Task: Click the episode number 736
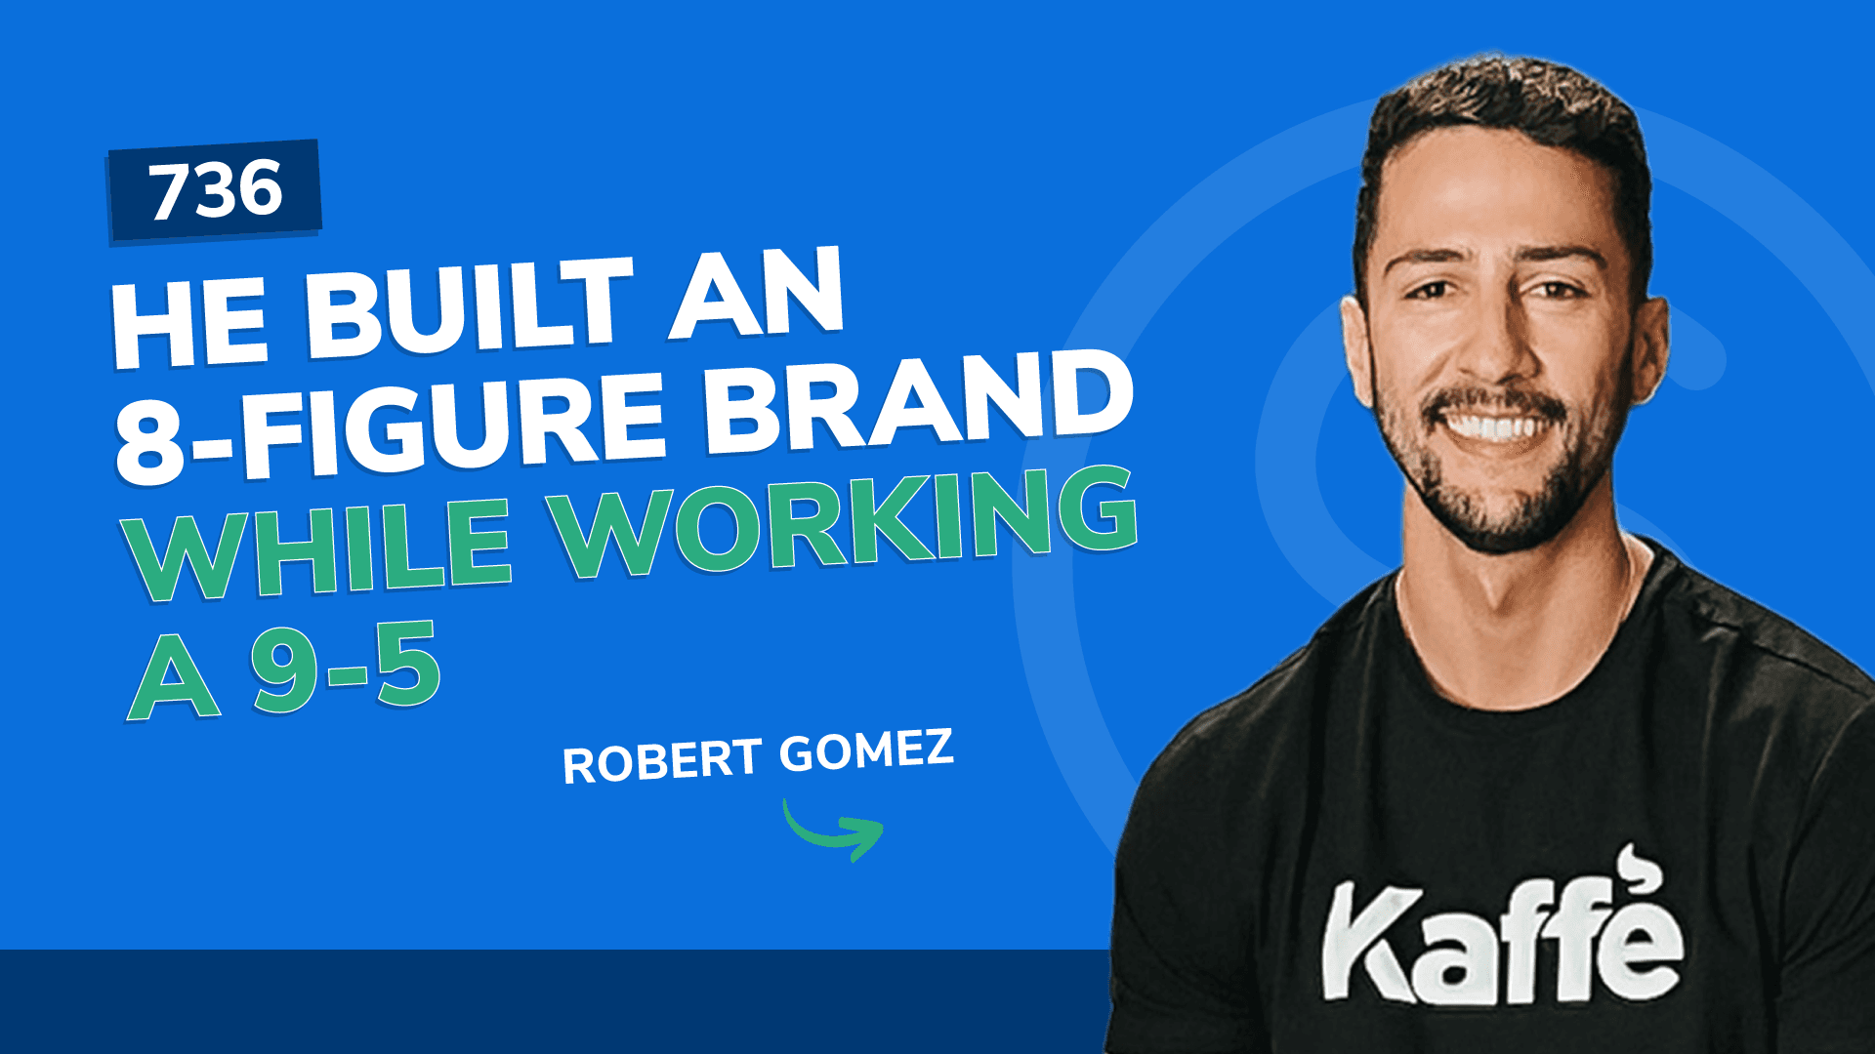point(216,189)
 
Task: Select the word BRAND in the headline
point(918,406)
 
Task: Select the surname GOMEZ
point(866,750)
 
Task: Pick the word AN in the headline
point(756,292)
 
